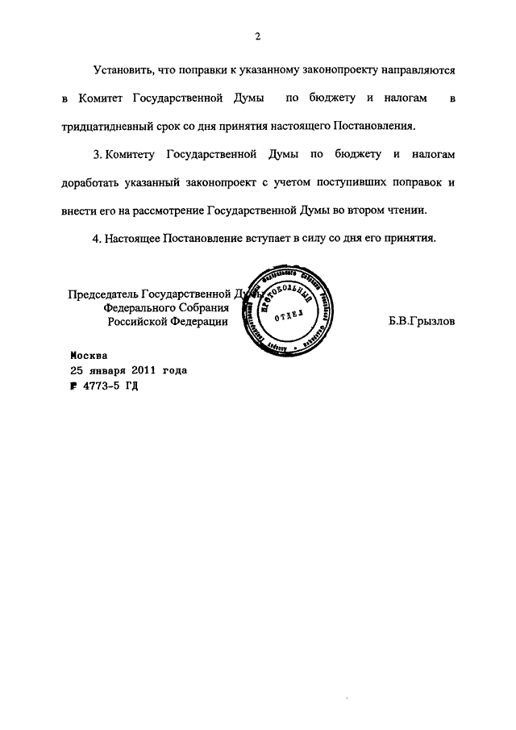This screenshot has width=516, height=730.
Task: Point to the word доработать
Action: click(91, 182)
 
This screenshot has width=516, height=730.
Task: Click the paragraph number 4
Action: click(97, 238)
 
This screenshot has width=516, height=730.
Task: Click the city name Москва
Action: click(87, 355)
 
